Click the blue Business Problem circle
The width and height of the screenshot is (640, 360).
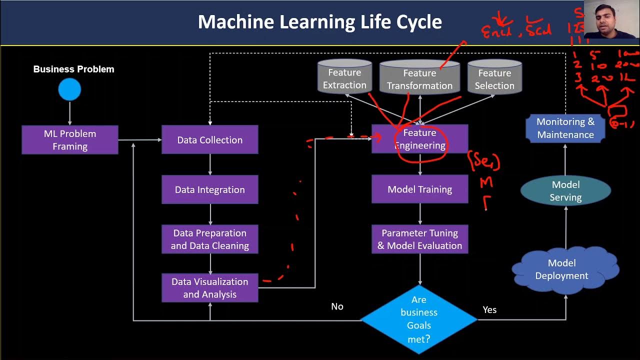69,90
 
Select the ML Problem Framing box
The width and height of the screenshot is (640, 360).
70,140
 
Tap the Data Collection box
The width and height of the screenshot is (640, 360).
210,140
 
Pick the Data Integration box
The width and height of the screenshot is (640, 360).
210,189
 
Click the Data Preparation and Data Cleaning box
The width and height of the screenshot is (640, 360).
210,239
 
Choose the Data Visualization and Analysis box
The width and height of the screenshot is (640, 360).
210,288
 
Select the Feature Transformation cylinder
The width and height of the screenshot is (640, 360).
419,78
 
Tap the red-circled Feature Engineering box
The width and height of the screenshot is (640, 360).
420,139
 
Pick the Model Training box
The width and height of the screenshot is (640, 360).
420,189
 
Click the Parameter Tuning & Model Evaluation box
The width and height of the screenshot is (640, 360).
420,239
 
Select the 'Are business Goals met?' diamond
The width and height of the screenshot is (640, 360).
419,319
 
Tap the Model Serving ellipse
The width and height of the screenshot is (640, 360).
565,191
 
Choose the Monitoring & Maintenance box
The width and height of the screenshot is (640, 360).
565,128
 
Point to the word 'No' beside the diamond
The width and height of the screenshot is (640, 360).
337,306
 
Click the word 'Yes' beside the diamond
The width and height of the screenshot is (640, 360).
489,310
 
